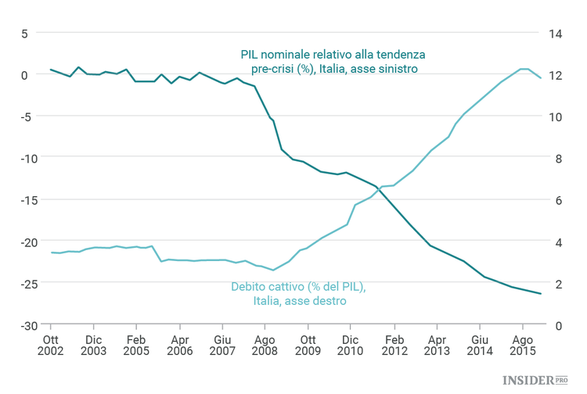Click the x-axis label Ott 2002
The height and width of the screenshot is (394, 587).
coord(51,346)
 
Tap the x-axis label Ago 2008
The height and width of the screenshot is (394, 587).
coord(265,346)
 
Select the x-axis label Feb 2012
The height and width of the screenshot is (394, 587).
coord(394,346)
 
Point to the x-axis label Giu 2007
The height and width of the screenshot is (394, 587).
coord(223,346)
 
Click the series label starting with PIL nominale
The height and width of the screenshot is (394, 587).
coord(332,62)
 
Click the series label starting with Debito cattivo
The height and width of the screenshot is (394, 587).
coord(298,293)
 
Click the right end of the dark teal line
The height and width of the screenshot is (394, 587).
coord(542,294)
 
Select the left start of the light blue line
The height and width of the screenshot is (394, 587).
coord(51,253)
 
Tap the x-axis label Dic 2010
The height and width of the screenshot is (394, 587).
coord(351,346)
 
